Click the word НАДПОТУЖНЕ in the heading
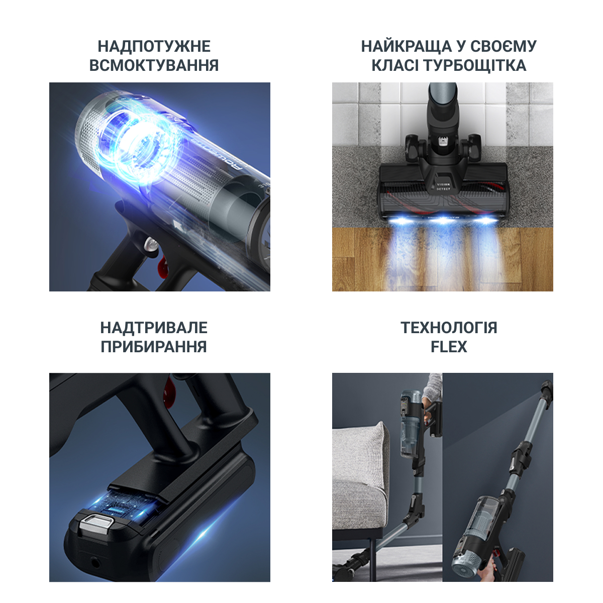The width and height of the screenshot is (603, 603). (154, 46)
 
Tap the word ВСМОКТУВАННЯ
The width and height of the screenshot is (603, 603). (154, 65)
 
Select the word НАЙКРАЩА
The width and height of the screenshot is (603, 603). (407, 46)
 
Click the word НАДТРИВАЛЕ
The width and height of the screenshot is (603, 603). (154, 328)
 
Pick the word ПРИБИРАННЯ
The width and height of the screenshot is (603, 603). (154, 347)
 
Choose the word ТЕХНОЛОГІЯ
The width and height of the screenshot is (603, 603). (449, 328)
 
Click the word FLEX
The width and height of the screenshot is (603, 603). (449, 347)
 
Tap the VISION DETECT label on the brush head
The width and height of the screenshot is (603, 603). (443, 186)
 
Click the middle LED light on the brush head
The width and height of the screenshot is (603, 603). (443, 221)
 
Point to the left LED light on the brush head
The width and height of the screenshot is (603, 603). (399, 221)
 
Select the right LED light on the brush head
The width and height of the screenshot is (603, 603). (485, 220)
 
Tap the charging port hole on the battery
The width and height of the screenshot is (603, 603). (95, 564)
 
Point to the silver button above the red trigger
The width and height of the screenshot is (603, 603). (150, 244)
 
